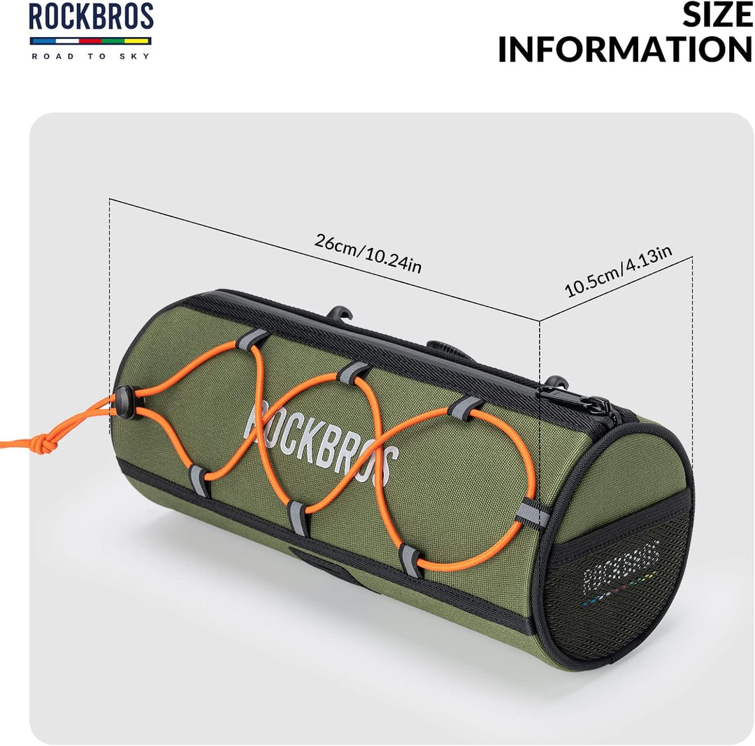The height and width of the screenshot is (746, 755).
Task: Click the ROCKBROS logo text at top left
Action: point(91,16)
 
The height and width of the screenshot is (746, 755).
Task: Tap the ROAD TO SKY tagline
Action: point(91,57)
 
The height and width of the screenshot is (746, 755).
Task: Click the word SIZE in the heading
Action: point(717,15)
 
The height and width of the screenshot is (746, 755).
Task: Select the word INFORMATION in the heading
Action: point(625,49)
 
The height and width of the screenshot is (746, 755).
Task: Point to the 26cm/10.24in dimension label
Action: point(368,254)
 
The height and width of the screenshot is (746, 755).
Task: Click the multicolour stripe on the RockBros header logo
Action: point(90,41)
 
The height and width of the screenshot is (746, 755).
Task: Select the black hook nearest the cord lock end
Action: point(340,314)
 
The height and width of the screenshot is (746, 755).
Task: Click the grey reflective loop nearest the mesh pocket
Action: point(533,513)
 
